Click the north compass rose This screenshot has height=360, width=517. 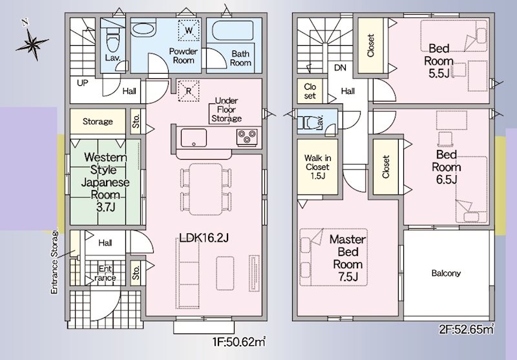[x=32, y=43]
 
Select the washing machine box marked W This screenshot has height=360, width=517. [x=189, y=30]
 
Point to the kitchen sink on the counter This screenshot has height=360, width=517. [x=193, y=137]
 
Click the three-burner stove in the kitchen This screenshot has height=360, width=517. [x=247, y=136]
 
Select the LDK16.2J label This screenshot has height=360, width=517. [x=204, y=238]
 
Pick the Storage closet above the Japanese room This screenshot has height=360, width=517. [x=98, y=122]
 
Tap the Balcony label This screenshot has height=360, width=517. [x=446, y=273]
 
